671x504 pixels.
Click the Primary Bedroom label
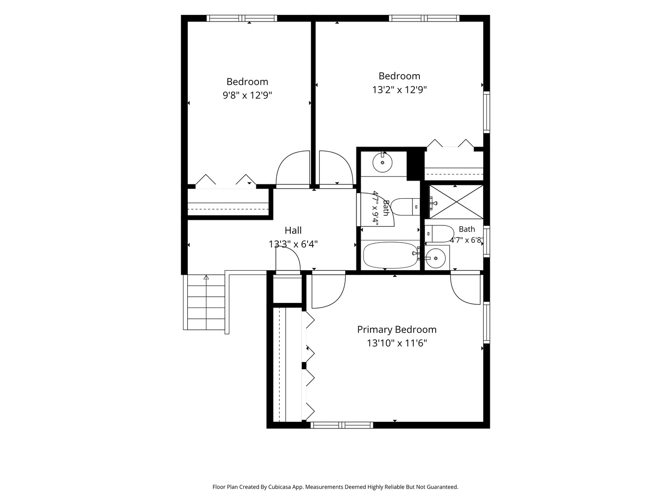397,329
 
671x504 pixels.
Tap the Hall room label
293,230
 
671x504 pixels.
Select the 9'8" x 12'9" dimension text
247,96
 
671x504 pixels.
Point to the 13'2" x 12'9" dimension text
399,90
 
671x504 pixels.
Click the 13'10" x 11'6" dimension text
397,343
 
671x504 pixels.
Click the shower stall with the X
456,202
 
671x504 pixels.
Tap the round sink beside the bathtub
436,258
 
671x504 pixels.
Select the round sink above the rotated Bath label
382,162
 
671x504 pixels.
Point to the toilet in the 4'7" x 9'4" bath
405,207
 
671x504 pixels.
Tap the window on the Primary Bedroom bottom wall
342,425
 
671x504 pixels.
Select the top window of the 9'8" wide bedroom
242,18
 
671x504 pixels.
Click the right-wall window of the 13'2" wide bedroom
486,112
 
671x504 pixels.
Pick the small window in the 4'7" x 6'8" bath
486,241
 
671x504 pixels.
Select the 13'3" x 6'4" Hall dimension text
293,244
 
